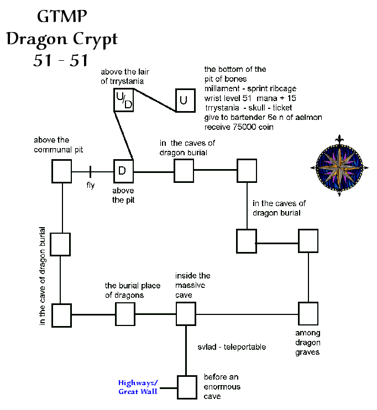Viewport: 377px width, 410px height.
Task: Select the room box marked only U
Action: click(x=185, y=100)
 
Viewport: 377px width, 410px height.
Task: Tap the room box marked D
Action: click(x=123, y=171)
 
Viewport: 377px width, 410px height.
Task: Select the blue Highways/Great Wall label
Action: click(x=138, y=387)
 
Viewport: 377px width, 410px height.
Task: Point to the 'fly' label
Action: click(x=91, y=185)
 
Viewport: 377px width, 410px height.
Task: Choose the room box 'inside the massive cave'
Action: click(x=186, y=314)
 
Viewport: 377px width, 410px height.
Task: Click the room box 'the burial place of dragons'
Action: click(x=125, y=314)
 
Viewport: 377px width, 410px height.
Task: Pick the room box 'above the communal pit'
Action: click(x=62, y=171)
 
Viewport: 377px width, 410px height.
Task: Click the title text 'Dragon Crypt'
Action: click(x=61, y=40)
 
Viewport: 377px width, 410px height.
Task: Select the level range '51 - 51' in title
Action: click(x=61, y=60)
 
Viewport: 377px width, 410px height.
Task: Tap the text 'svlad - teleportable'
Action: click(x=232, y=347)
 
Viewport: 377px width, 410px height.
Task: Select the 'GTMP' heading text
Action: click(x=61, y=17)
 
